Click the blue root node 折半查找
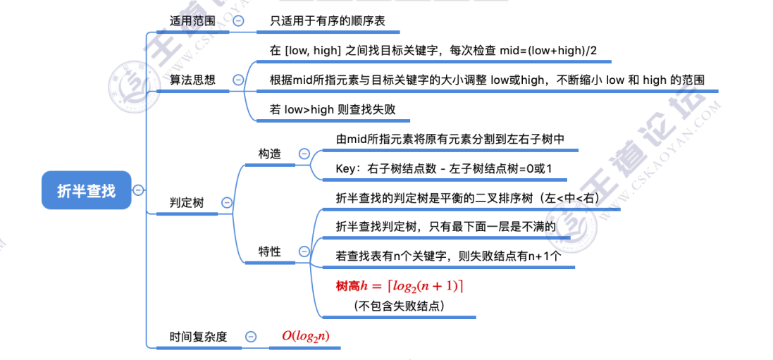point(86,190)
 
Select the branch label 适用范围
point(192,21)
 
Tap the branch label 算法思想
point(192,80)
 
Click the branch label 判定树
point(187,203)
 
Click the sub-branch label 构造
point(269,154)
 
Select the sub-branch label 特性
point(269,252)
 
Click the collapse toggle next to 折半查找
point(138,190)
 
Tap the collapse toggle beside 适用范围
point(238,21)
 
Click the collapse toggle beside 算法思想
point(238,80)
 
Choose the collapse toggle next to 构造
point(304,154)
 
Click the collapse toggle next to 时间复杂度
point(250,337)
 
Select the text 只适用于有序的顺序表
point(328,21)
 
